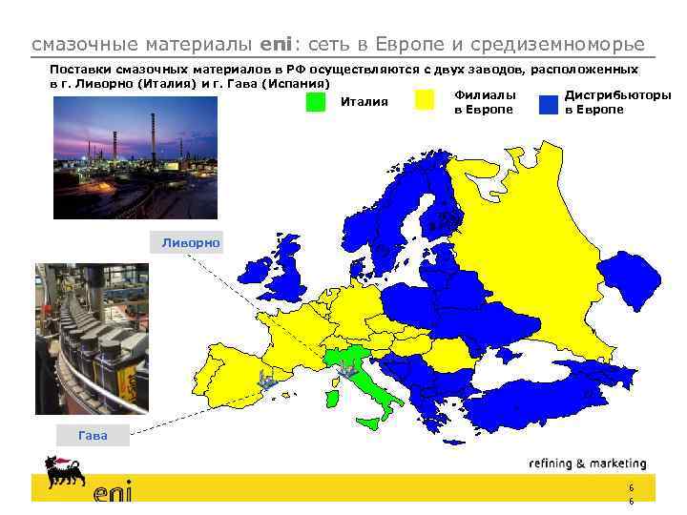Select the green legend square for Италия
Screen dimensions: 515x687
coord(315,102)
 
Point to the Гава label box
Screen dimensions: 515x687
coord(93,436)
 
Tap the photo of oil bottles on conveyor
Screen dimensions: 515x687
coord(92,339)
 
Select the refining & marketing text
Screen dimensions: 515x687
coord(587,464)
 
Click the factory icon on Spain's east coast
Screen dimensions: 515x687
coord(268,383)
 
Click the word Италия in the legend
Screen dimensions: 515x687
coord(364,102)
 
